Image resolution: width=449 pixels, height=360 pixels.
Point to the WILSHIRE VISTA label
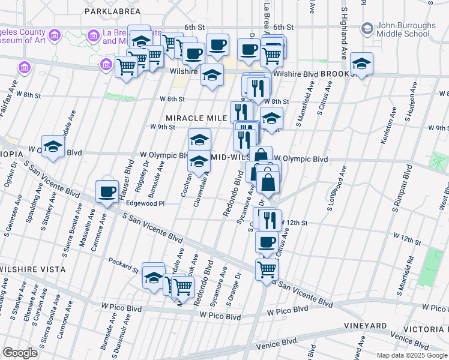tap(32, 269)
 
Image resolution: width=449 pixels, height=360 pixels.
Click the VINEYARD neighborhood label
tap(365, 326)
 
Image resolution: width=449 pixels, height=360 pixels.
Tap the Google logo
tap(20, 353)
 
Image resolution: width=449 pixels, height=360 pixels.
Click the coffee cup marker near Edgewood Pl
tap(107, 192)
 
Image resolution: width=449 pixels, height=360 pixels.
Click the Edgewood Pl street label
tap(145, 204)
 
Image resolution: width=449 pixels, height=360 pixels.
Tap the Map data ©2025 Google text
tap(412, 355)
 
